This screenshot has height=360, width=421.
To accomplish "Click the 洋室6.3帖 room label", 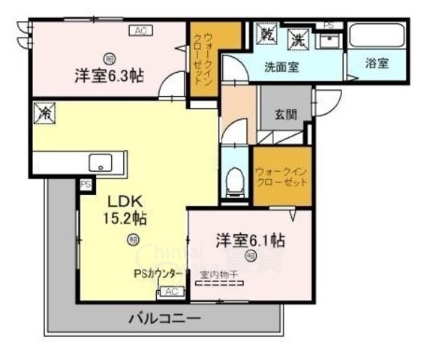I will click(x=110, y=75).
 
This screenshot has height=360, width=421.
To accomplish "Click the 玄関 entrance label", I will click(x=285, y=115).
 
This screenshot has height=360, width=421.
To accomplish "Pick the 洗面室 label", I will click(x=281, y=66).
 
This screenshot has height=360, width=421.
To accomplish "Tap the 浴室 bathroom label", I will click(x=377, y=64).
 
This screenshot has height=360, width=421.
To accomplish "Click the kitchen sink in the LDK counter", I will click(x=99, y=162).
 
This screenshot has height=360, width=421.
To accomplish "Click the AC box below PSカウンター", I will click(x=170, y=291).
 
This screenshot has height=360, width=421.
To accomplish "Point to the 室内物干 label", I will click(x=218, y=275).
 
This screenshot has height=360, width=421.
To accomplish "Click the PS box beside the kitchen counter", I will click(x=84, y=184).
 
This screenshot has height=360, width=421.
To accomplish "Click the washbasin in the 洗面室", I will click(x=328, y=40).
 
